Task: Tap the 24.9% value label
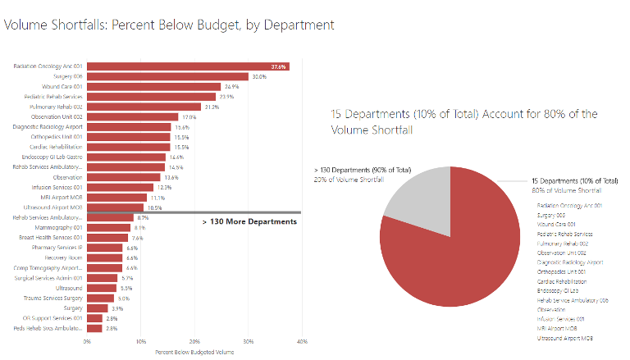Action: point(231,86)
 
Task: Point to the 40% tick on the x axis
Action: point(302,341)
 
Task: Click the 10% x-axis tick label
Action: point(140,341)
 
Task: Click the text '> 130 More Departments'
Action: point(249,221)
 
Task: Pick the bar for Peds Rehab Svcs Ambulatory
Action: point(94,328)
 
